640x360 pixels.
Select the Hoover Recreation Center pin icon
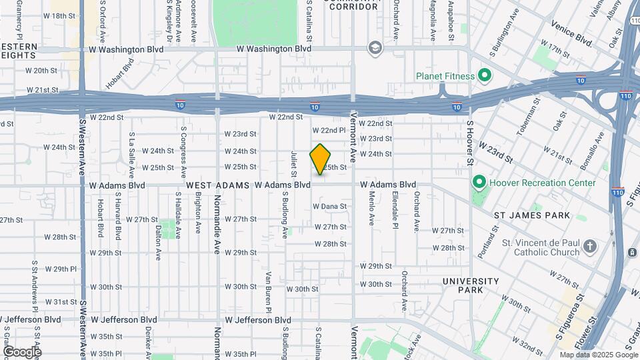[x=479, y=182]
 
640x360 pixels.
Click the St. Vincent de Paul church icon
[x=589, y=247]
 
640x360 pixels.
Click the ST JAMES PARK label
[x=531, y=215]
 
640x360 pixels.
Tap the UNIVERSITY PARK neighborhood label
[x=471, y=285]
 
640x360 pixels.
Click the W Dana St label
[x=329, y=207]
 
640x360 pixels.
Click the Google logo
[x=21, y=351]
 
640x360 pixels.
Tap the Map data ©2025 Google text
[x=598, y=355]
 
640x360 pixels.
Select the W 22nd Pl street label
[x=329, y=130]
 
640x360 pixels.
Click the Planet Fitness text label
[x=445, y=76]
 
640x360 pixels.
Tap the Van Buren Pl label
[x=268, y=292]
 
